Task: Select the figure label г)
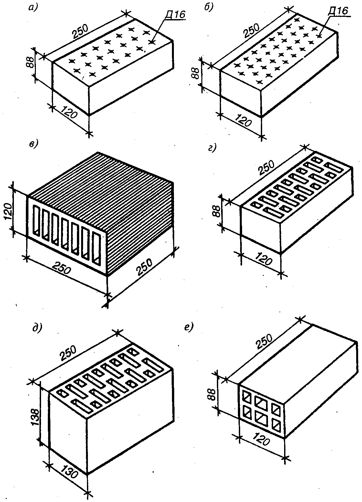point(211,148)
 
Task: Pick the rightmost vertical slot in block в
point(96,247)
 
